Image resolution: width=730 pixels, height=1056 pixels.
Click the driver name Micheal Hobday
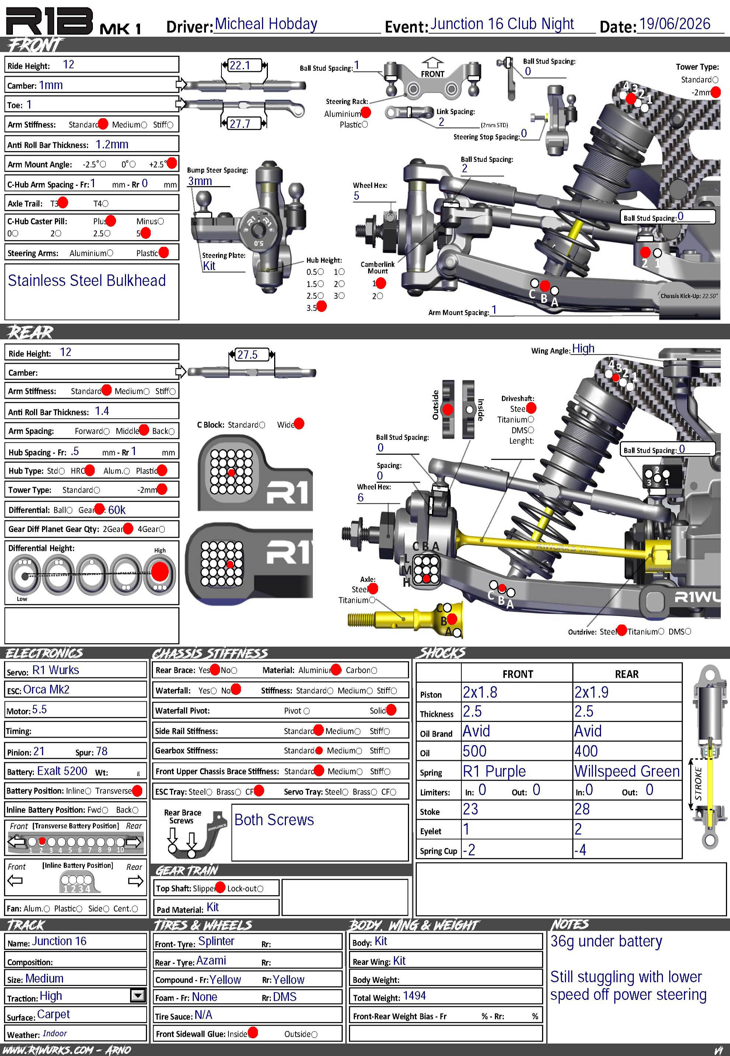266,24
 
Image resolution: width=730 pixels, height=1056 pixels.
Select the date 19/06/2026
675,24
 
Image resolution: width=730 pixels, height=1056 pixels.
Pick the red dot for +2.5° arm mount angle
171,163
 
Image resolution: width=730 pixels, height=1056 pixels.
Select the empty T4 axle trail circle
106,204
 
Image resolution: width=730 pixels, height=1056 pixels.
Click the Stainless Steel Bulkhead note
87,281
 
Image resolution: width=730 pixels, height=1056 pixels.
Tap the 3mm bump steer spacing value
200,181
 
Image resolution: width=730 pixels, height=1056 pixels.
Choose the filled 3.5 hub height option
322,306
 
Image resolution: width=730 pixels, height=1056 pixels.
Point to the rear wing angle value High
583,349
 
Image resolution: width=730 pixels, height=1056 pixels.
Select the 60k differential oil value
117,510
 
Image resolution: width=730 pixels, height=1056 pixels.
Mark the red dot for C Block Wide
299,424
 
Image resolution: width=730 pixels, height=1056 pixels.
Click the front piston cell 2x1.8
480,692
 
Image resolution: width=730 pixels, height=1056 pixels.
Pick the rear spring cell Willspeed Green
626,771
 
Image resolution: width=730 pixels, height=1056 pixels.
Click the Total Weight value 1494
415,996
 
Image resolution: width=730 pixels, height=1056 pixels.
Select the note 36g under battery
606,942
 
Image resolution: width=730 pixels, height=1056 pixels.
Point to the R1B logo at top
50,21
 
